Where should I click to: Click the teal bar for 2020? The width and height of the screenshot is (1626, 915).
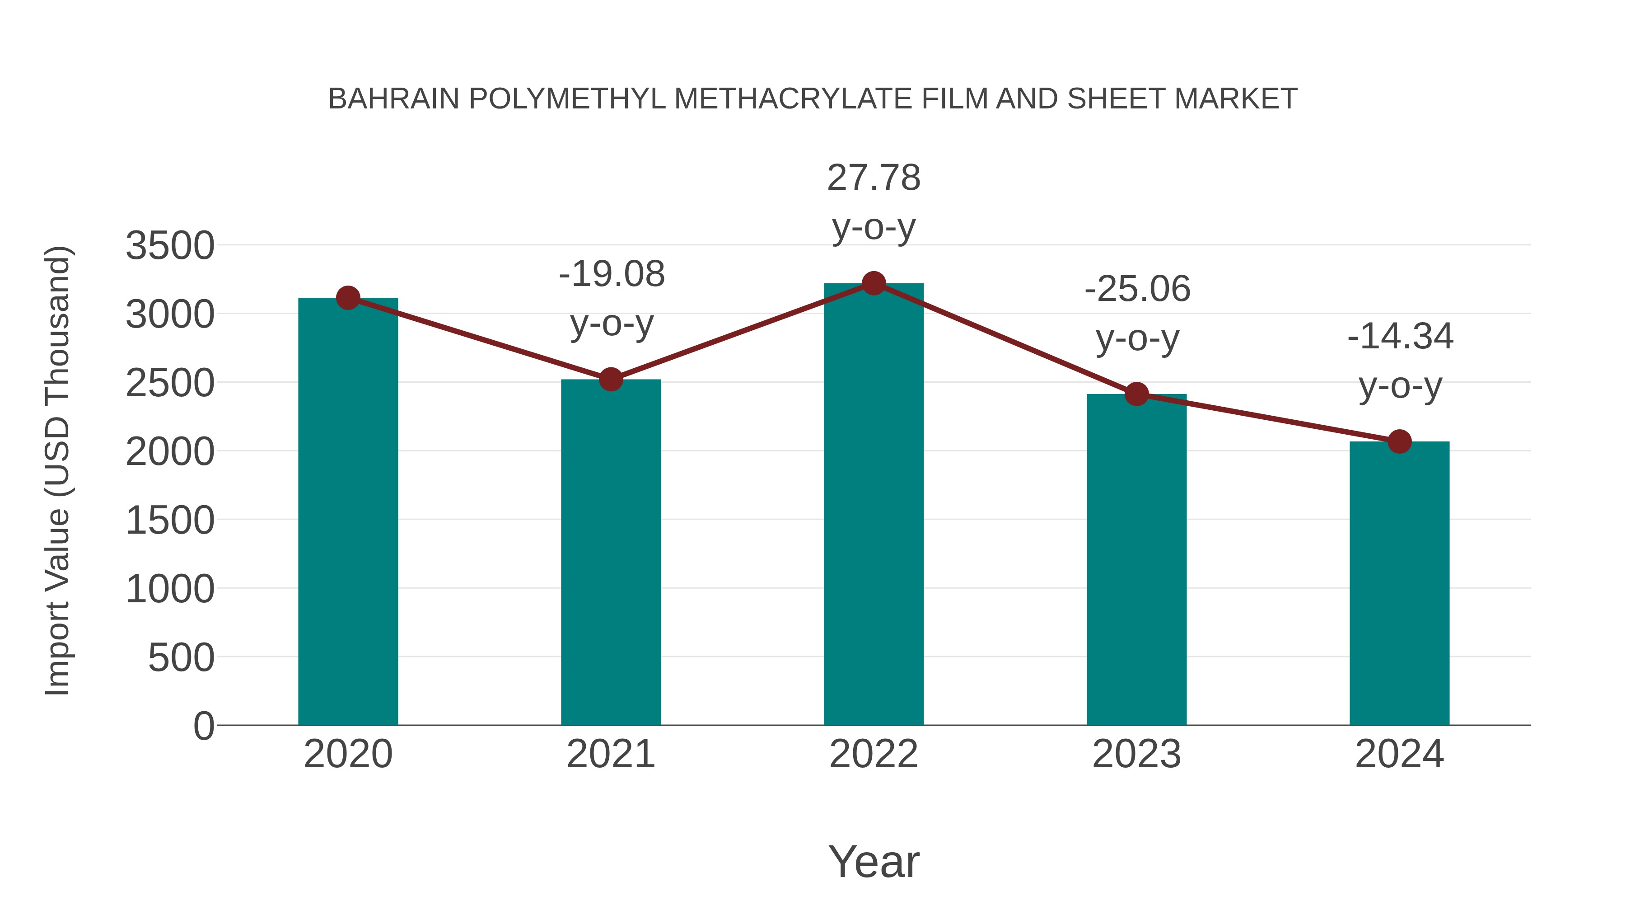(348, 511)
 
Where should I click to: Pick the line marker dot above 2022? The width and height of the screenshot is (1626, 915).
(874, 283)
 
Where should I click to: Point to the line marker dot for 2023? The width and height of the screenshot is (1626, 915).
(1136, 394)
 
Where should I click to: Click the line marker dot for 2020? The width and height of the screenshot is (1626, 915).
(348, 298)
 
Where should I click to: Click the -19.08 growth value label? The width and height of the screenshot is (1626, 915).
(612, 275)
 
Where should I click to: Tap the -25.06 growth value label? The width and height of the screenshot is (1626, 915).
(1137, 289)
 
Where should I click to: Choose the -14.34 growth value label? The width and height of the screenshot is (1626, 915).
(1400, 336)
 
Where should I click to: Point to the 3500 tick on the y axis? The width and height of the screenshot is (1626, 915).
(170, 246)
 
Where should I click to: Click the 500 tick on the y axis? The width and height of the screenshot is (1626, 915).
(181, 657)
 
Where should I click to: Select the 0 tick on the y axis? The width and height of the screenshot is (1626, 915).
(204, 726)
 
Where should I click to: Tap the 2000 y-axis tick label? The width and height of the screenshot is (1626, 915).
(170, 452)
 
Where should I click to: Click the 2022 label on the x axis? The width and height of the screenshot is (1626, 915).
(874, 754)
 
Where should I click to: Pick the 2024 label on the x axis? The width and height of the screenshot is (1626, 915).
(1399, 754)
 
